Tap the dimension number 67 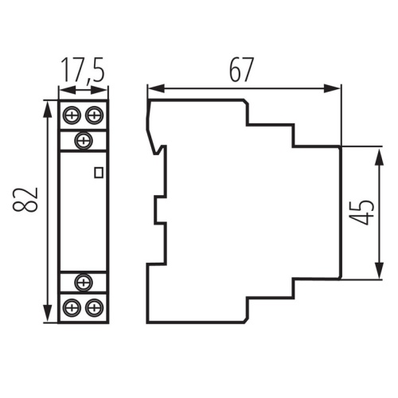point(241,70)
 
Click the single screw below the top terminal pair point(83,140)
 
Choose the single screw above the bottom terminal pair point(83,281)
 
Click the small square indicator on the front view point(99,171)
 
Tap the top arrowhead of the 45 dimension point(375,151)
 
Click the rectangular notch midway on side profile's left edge point(159,211)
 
